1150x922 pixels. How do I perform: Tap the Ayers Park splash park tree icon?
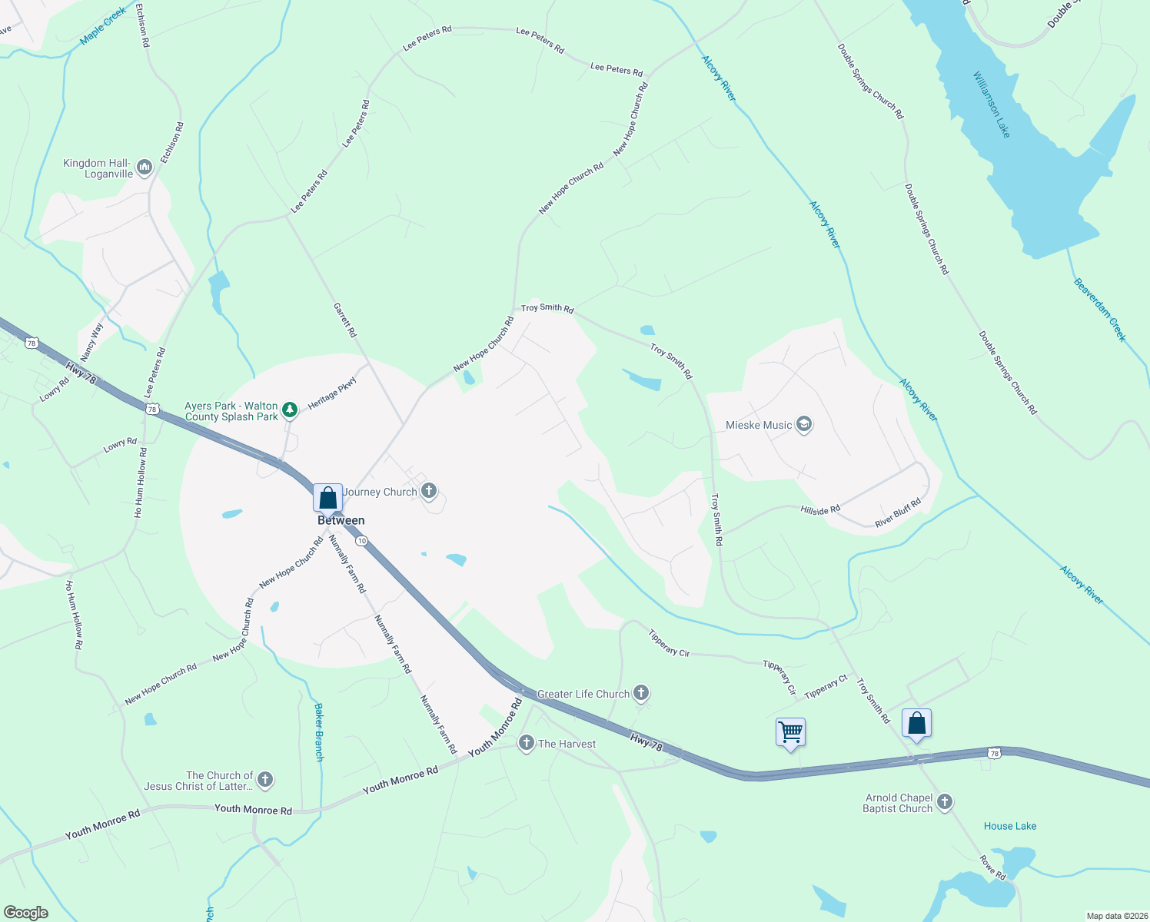290,410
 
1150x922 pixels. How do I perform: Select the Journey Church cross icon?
429,491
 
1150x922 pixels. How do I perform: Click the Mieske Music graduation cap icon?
804,425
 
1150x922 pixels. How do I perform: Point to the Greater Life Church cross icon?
641,694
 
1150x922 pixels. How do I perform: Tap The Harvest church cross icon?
527,743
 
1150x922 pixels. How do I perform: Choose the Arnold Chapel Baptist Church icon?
945,802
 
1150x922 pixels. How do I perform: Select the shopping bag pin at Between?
327,498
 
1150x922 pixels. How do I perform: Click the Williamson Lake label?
992,104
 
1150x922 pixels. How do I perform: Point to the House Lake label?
1010,826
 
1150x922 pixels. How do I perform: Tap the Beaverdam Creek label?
1100,310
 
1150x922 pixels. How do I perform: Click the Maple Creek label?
103,26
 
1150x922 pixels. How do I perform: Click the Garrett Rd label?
345,320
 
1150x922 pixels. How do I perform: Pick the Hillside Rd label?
820,509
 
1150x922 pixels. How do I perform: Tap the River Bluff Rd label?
898,513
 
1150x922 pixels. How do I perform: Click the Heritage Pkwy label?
333,393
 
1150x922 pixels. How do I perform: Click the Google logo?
26,913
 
